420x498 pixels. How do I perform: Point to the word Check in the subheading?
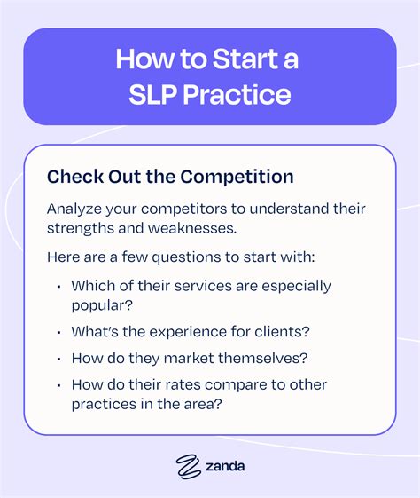(x=72, y=176)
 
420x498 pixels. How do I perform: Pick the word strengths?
(x=81, y=230)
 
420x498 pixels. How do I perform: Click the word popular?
(x=99, y=306)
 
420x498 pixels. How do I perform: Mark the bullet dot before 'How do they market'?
(x=58, y=360)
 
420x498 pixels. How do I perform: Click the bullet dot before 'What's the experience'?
(x=58, y=333)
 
